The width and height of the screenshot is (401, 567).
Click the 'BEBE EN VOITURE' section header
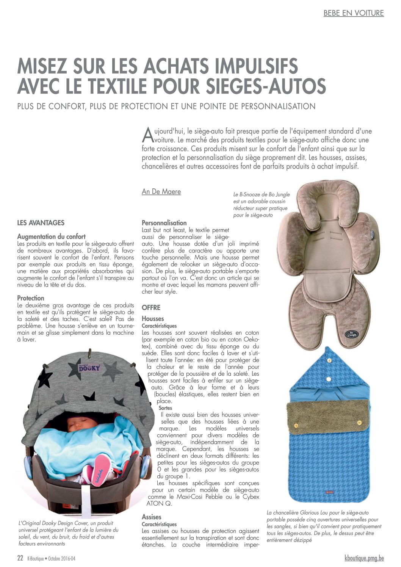pyautogui.click(x=353, y=13)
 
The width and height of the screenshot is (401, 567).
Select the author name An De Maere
pyautogui.click(x=161, y=192)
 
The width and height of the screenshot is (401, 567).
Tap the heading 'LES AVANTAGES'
pyautogui.click(x=41, y=223)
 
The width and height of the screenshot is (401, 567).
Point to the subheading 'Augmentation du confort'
pyautogui.click(x=51, y=237)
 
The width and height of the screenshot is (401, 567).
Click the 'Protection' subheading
pyautogui.click(x=31, y=298)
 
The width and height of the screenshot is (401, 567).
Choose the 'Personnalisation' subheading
pyautogui.click(x=164, y=223)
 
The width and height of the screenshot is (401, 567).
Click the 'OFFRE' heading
pyautogui.click(x=151, y=307)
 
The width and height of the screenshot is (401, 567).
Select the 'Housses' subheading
pyautogui.click(x=153, y=319)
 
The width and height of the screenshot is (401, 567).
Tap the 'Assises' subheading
pyautogui.click(x=151, y=517)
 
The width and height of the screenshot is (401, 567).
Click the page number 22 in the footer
pyautogui.click(x=20, y=558)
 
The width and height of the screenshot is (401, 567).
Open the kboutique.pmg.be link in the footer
pyautogui.click(x=364, y=558)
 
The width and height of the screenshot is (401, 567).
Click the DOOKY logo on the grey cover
pyautogui.click(x=89, y=367)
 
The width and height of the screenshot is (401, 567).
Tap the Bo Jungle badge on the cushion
pyautogui.click(x=351, y=334)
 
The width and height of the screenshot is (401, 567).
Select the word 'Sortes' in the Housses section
pyautogui.click(x=165, y=408)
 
